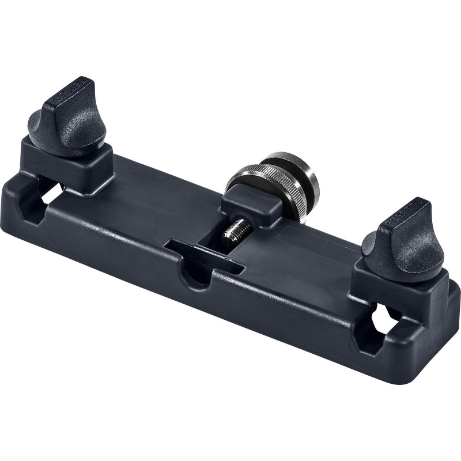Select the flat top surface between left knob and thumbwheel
[x=161, y=190]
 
